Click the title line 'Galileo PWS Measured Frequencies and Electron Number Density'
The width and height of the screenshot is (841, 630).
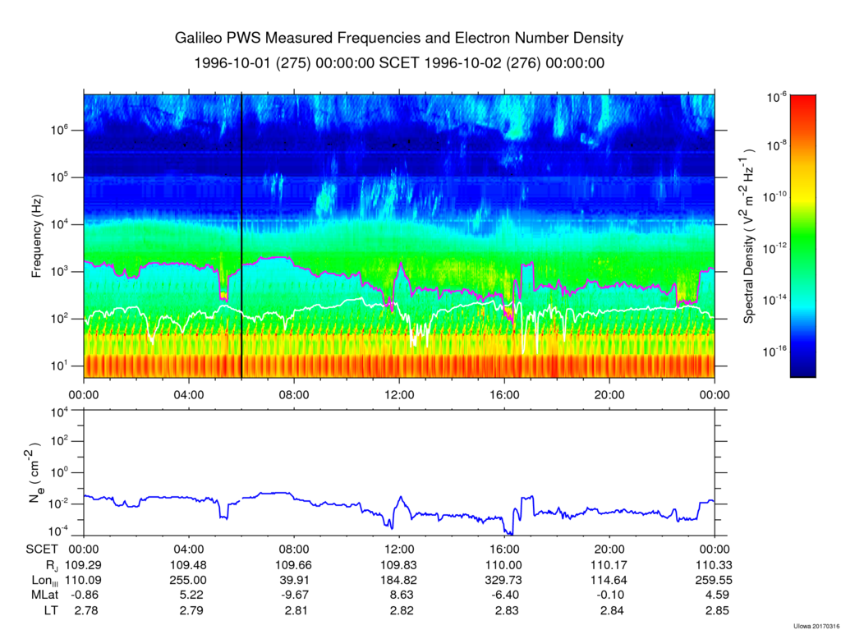[399, 39]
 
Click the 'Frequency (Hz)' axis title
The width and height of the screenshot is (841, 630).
[37, 241]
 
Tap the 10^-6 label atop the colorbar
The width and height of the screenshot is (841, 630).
[778, 97]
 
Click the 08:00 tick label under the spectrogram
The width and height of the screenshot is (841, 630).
[294, 394]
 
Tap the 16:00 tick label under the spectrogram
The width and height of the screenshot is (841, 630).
[504, 394]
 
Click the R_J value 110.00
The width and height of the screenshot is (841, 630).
[504, 565]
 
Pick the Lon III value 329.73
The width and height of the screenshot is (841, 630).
[504, 580]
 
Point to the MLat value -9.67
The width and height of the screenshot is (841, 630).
[294, 595]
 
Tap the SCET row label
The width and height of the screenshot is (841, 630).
[41, 550]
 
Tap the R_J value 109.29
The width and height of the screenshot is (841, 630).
[85, 565]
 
